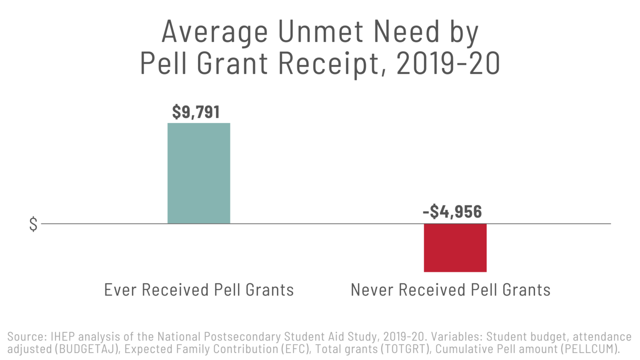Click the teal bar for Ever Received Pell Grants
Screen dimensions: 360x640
pos(199,173)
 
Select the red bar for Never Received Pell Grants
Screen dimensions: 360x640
pos(455,248)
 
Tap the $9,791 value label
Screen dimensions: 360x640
pos(196,112)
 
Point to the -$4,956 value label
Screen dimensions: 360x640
pos(452,212)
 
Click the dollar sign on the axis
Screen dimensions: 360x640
pos(33,224)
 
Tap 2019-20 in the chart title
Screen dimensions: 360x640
pos(448,64)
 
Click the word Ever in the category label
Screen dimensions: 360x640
pos(120,290)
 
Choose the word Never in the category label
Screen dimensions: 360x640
pos(372,290)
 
